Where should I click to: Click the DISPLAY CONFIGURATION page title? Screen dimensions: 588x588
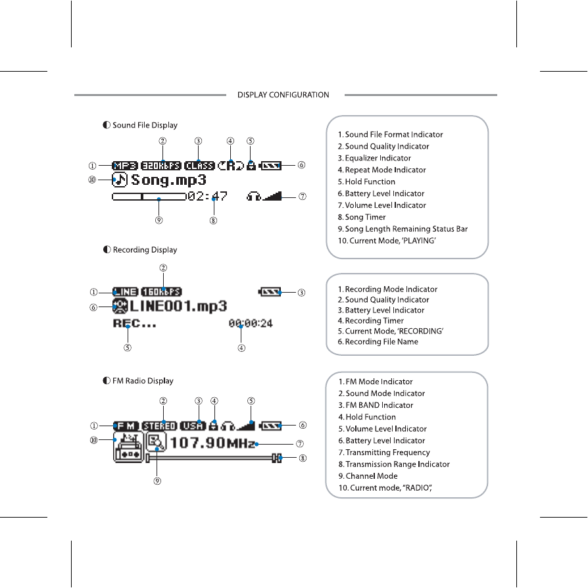tap(283, 95)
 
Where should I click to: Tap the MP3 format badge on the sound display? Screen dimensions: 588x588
tap(125, 166)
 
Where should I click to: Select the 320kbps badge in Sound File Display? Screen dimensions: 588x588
tap(161, 166)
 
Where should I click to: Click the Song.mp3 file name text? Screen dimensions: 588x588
tap(169, 180)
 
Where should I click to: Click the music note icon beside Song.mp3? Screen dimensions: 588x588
tap(119, 179)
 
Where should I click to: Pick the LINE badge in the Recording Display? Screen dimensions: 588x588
tap(125, 291)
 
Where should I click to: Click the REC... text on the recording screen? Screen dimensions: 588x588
tap(134, 323)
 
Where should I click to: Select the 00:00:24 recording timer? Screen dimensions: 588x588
tap(251, 323)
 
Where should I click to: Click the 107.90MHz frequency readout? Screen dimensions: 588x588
tap(212, 443)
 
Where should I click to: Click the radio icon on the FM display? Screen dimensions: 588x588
tap(128, 448)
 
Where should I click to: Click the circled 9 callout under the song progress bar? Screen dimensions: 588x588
tap(159, 220)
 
